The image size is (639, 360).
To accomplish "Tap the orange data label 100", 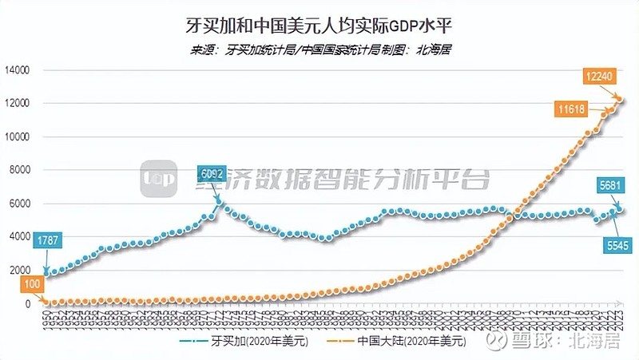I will [31, 285].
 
